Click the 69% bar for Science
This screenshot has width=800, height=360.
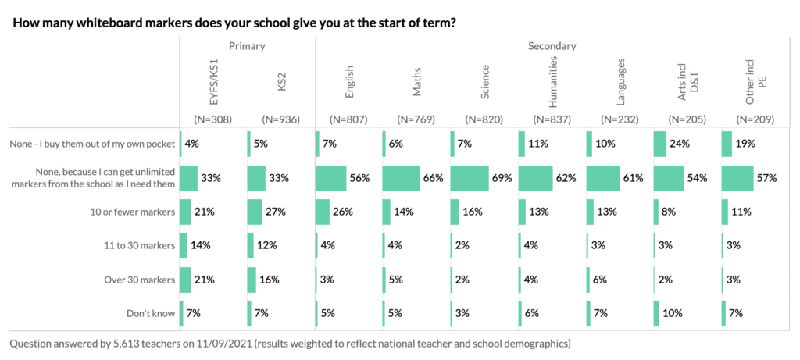pos(470,177)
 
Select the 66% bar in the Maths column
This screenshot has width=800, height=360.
pos(401,177)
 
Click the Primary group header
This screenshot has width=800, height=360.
pos(247,46)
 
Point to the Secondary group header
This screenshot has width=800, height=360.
pos(552,46)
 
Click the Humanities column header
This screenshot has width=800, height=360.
pos(553,82)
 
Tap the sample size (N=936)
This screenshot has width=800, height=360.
pos(280,119)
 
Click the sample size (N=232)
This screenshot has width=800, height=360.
pos(621,119)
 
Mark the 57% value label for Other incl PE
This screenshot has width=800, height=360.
pos(766,178)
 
